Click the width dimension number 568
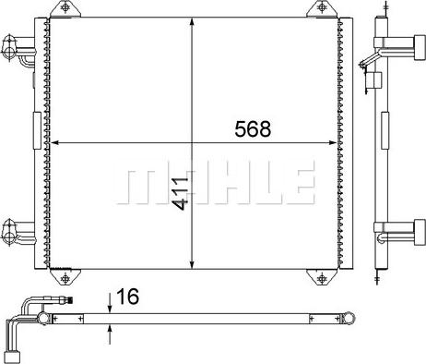(x=253, y=128)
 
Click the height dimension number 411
(x=180, y=193)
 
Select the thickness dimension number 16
(x=127, y=297)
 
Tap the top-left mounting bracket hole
(x=65, y=7)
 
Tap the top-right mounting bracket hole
(x=322, y=7)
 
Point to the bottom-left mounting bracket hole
(x=65, y=279)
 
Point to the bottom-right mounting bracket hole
(x=322, y=279)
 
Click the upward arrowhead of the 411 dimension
(x=192, y=22)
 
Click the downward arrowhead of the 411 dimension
(x=192, y=264)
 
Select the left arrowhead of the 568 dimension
(x=54, y=142)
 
